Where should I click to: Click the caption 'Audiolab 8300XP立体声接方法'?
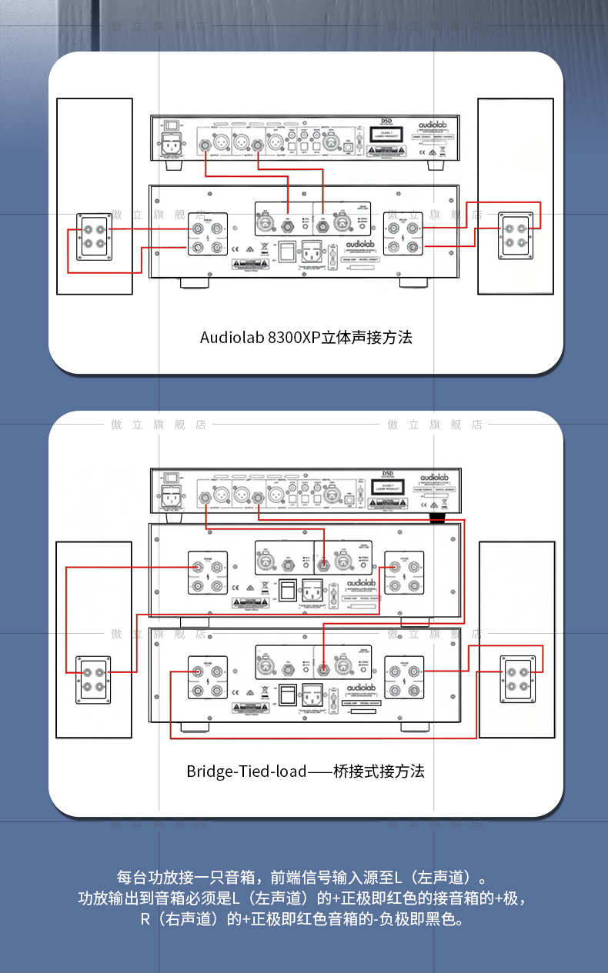tap(306, 337)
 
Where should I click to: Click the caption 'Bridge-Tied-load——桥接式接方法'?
tap(306, 771)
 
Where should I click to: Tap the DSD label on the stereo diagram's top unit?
tap(387, 122)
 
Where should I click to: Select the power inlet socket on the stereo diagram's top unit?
tap(172, 145)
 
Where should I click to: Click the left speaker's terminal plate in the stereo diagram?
tap(95, 237)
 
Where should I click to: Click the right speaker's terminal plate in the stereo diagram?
tap(516, 237)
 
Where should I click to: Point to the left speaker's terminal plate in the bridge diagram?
tap(93, 678)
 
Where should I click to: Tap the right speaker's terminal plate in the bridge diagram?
tap(517, 678)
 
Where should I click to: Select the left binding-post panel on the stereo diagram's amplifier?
tap(208, 237)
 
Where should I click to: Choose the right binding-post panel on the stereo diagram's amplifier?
tap(404, 237)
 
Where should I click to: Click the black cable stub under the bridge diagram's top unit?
tap(439, 519)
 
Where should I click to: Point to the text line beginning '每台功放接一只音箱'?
tap(304, 877)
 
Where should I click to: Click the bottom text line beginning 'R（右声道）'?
tap(304, 919)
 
